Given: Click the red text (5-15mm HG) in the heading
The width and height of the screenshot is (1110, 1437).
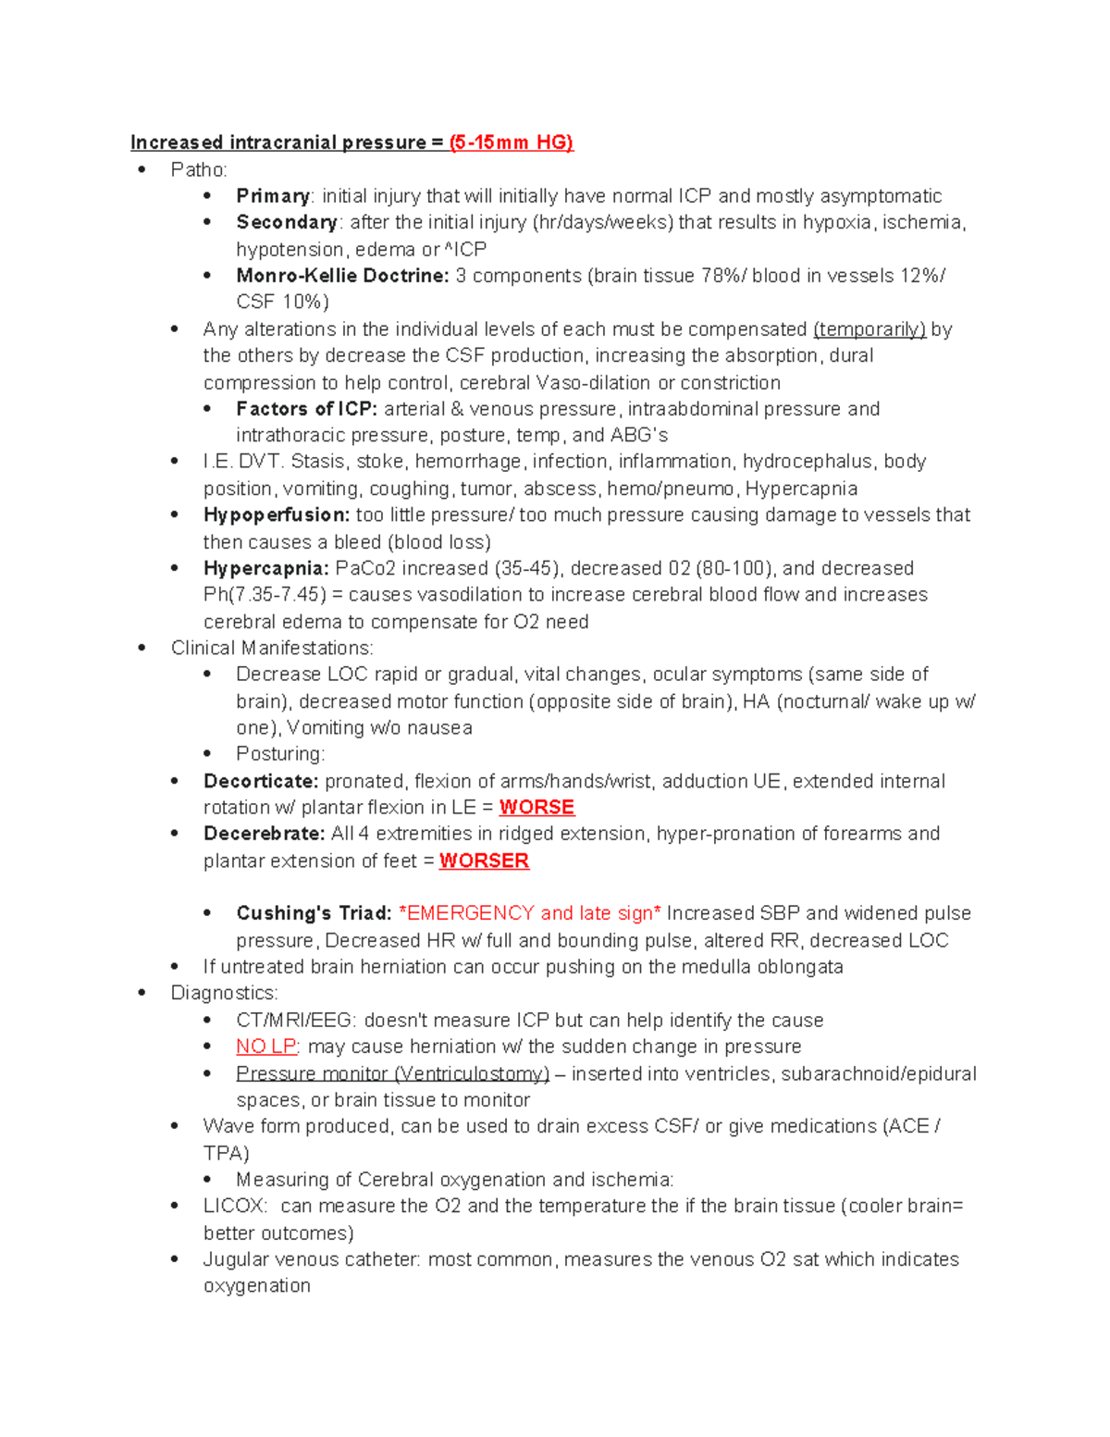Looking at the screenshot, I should click(x=511, y=142).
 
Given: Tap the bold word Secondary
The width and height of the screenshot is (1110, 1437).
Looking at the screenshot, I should click(x=287, y=223).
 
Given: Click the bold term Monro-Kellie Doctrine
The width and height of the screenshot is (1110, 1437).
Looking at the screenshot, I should click(x=342, y=276).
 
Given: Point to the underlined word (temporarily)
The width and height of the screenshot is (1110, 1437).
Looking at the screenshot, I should click(x=869, y=329).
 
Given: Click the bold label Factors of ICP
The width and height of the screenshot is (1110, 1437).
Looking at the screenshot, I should click(x=306, y=409).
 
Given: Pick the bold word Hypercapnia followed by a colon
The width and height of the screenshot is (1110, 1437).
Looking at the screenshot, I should click(x=265, y=568).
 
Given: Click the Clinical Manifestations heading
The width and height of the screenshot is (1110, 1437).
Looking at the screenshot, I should click(x=272, y=648).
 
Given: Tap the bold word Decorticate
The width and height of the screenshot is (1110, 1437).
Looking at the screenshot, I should click(x=261, y=781).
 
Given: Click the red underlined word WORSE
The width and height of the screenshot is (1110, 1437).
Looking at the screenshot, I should click(x=536, y=808).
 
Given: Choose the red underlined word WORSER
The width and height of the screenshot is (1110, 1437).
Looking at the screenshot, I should click(x=484, y=861).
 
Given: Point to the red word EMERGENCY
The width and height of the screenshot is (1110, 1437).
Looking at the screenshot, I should click(x=471, y=913).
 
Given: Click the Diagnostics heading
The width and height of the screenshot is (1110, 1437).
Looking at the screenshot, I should click(x=224, y=993).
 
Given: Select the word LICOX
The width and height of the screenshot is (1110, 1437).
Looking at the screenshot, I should click(x=235, y=1206).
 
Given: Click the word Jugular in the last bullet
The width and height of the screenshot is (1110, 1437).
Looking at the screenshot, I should click(x=236, y=1259).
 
